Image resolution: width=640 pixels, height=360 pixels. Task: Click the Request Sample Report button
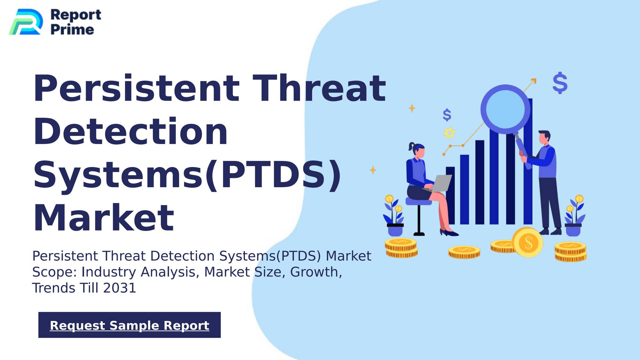tap(129, 325)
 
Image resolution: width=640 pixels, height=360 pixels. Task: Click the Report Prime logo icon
tap(26, 22)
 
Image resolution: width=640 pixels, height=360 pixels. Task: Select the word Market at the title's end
tap(103, 217)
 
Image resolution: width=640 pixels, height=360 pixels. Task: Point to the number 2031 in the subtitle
tap(120, 288)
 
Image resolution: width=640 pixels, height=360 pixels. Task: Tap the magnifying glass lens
tap(505, 109)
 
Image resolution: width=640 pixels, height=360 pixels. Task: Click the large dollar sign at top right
tap(560, 83)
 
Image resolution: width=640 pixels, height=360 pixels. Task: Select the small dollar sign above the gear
tap(447, 115)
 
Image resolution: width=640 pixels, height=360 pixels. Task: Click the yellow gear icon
tap(449, 133)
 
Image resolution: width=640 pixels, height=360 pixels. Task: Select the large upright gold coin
tap(527, 242)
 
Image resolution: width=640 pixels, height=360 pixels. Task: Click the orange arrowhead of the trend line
tap(534, 81)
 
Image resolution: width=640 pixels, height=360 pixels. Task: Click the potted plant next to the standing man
tap(574, 216)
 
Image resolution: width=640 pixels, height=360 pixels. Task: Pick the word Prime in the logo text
tap(72, 30)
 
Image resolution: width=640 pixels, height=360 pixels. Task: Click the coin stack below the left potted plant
tap(401, 248)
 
